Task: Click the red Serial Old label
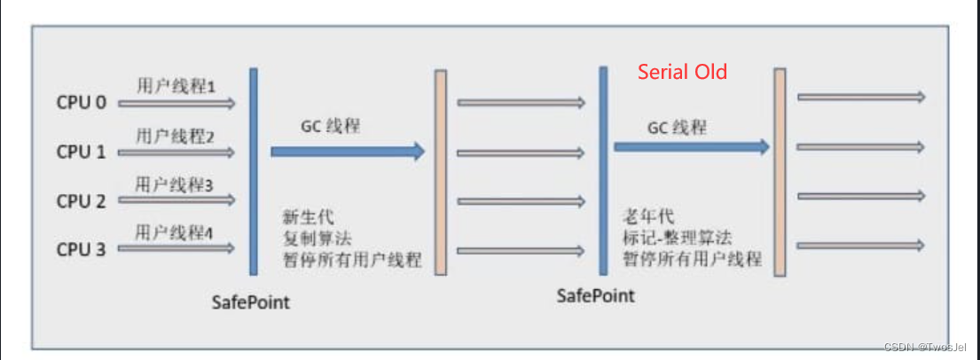pos(683,72)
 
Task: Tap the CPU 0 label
pos(82,103)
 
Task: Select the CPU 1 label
pos(82,152)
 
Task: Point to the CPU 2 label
pos(82,201)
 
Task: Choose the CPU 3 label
pos(82,249)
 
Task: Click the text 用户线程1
pos(176,87)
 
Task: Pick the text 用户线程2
pos(176,136)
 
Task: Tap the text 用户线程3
pos(176,184)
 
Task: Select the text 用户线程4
pos(176,233)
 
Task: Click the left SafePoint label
pos(251,302)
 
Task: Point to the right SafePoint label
pos(596,295)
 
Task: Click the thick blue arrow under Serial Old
pos(691,147)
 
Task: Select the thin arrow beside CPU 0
pos(176,104)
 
